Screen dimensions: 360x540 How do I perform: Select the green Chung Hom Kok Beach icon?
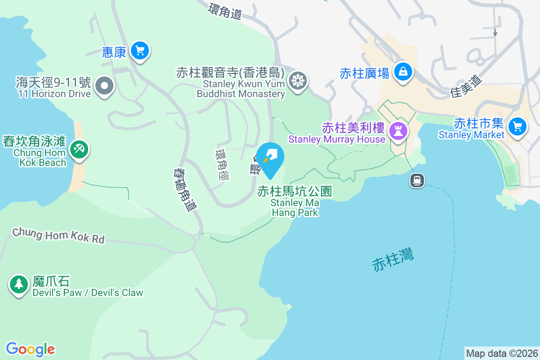(x=79, y=149)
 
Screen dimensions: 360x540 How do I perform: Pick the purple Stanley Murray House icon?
(x=398, y=131)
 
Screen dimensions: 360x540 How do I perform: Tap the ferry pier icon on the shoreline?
(x=417, y=181)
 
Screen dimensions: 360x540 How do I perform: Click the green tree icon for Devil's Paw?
(x=18, y=284)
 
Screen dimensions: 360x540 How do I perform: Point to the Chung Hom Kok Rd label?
(x=58, y=235)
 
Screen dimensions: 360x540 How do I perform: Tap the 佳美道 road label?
(x=466, y=86)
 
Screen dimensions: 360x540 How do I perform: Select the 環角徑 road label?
(x=222, y=165)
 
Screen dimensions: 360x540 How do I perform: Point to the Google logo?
(x=30, y=349)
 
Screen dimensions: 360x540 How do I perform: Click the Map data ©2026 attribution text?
(x=501, y=354)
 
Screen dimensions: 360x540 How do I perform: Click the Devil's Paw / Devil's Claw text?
(x=88, y=292)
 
